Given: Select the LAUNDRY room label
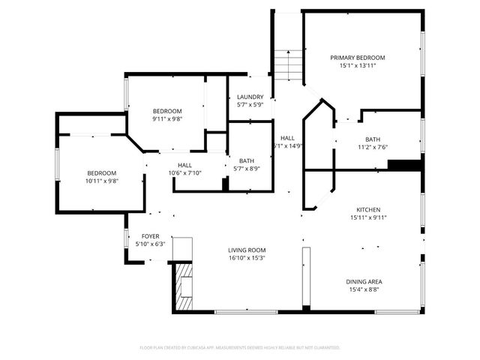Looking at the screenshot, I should click(x=250, y=97).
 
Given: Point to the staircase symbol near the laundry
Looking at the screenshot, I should click(x=286, y=64).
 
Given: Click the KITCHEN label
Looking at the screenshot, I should click(x=367, y=209).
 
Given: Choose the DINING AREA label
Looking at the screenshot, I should click(x=364, y=282).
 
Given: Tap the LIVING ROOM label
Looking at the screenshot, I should click(x=247, y=250).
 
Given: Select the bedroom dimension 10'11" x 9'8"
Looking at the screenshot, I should click(x=101, y=181).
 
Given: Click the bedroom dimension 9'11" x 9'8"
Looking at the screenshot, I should click(x=167, y=118).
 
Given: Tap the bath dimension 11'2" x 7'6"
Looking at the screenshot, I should click(x=373, y=147).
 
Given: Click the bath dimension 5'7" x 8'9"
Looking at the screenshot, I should click(x=246, y=169).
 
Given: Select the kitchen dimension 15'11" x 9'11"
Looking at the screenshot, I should click(x=367, y=217).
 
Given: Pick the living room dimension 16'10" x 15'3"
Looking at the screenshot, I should click(x=247, y=258).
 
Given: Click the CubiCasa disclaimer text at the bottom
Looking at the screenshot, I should click(x=240, y=347).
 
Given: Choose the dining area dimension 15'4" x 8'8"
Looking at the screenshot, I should click(x=364, y=290).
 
